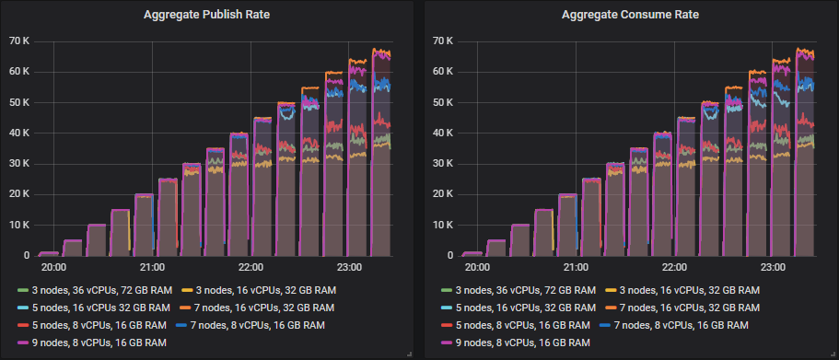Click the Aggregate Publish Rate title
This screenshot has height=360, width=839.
[208, 15]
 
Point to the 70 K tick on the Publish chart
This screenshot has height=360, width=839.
[19, 41]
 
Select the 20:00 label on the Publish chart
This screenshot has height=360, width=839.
[53, 268]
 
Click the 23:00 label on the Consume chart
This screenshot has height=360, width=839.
[773, 268]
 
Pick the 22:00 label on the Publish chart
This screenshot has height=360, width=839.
[251, 268]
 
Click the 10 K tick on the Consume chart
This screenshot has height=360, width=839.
[443, 225]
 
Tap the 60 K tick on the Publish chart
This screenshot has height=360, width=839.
[19, 71]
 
